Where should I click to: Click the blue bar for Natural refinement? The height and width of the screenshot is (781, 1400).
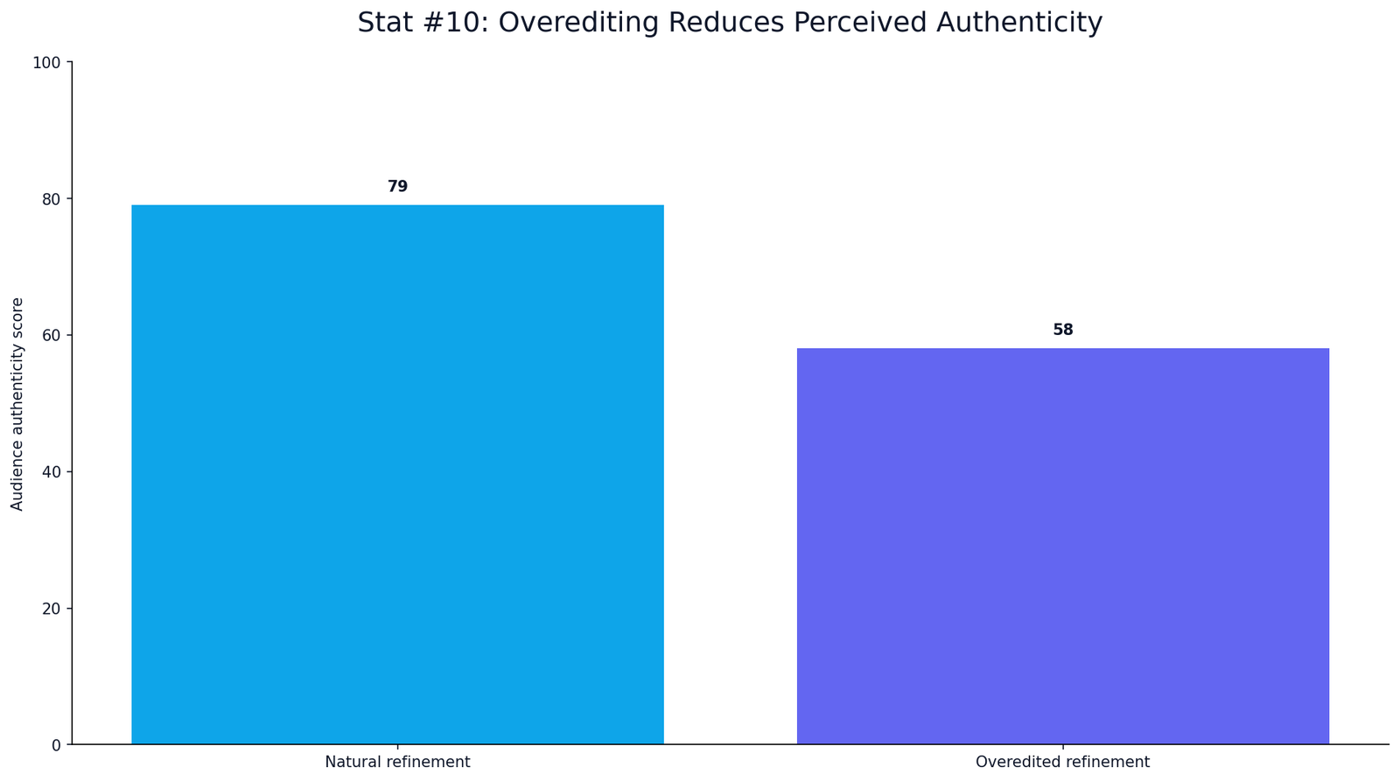(x=397, y=474)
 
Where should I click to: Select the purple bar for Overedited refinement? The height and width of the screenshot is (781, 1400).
(x=1062, y=546)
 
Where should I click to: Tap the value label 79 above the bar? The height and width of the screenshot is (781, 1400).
(x=397, y=186)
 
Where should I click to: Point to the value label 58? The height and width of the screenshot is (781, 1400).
(x=1062, y=329)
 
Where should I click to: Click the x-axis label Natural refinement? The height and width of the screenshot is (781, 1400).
(x=397, y=763)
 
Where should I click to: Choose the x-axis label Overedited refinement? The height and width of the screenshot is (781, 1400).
(x=1062, y=763)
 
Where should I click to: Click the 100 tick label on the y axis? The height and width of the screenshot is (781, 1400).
(x=47, y=62)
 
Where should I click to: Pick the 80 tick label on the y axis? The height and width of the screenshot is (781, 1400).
(x=52, y=199)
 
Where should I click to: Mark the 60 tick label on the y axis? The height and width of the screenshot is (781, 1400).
(x=52, y=336)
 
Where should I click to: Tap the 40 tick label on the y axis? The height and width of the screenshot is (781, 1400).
(x=52, y=471)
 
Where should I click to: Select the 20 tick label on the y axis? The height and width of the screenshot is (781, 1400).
(x=52, y=609)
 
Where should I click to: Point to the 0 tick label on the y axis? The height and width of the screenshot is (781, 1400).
(x=56, y=745)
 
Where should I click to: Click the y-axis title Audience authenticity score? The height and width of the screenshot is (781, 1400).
(x=17, y=404)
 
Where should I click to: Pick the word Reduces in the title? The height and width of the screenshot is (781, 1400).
(x=726, y=23)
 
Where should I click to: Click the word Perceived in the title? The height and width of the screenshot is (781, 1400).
(x=860, y=23)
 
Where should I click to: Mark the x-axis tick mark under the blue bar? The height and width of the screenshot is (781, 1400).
(x=397, y=747)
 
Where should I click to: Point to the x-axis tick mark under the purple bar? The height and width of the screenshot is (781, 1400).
(x=1062, y=747)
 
